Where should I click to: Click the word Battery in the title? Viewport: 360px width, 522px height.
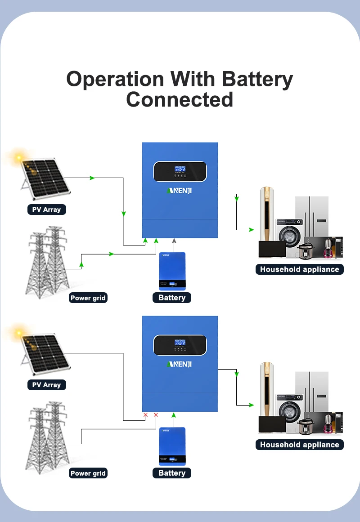(257, 80)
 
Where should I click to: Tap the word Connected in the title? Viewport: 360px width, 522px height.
(180, 99)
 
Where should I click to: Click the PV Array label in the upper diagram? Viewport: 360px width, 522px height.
(47, 210)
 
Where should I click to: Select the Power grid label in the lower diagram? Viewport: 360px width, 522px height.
(88, 473)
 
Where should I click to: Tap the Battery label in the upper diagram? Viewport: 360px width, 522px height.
(171, 298)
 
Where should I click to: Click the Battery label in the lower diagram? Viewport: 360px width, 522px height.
(171, 473)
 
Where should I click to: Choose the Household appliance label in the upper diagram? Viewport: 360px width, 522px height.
(299, 269)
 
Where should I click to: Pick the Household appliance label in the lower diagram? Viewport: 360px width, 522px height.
(299, 445)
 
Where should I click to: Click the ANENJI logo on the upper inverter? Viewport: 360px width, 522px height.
(180, 191)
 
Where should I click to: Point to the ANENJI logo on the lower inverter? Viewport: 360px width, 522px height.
(180, 364)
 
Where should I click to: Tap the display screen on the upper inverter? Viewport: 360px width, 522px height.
(180, 171)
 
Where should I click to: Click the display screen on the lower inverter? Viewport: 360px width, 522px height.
(180, 345)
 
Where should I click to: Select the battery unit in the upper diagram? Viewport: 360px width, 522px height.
(172, 271)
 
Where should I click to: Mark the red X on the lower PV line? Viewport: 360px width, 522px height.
(145, 415)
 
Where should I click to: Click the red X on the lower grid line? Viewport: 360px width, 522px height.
(156, 415)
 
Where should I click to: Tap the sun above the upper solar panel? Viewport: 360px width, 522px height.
(18, 157)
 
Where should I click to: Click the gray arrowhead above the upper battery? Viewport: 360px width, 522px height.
(174, 241)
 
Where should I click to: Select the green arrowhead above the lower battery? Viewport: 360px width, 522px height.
(174, 415)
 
